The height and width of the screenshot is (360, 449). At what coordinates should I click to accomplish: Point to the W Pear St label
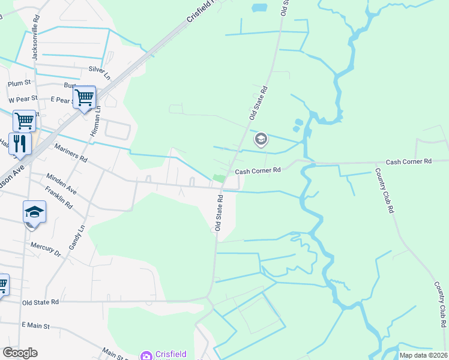(x=23, y=98)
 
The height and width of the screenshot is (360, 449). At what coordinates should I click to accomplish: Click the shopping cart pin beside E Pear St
(x=84, y=97)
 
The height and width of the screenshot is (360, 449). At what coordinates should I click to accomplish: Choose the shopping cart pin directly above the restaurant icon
(x=24, y=120)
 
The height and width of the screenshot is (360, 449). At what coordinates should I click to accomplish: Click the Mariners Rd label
(x=71, y=156)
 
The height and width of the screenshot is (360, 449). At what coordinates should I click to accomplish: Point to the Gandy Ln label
(x=74, y=238)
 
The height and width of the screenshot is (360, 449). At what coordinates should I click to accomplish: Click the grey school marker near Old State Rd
(x=261, y=140)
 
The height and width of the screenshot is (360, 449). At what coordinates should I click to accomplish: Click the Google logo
(x=20, y=353)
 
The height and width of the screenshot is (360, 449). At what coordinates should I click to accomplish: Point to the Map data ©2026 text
(x=423, y=355)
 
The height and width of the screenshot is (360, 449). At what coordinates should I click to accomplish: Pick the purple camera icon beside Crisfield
(x=146, y=356)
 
